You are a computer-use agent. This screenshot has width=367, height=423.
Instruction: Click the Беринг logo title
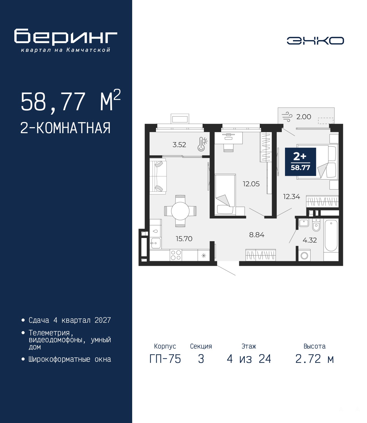coord(66,37)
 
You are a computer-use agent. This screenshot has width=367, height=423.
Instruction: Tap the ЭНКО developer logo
coord(315,41)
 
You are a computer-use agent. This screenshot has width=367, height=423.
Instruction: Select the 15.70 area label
coord(184,239)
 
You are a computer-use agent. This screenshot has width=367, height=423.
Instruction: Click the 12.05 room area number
coord(251,184)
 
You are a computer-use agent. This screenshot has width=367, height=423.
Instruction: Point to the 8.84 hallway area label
coord(257,235)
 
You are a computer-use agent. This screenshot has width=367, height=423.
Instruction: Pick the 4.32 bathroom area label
coord(310,240)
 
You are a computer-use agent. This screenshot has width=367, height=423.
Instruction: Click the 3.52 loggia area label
coord(179,145)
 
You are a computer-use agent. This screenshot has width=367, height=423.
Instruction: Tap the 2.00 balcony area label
coord(304,117)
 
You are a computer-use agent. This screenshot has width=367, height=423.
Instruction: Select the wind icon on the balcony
coord(287,117)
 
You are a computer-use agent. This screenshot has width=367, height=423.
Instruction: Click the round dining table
coord(180,211)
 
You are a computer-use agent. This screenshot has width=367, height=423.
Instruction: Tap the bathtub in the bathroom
coord(331,235)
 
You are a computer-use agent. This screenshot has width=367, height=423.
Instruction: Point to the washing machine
coord(304,255)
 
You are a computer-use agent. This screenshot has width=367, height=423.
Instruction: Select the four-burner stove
coord(176,255)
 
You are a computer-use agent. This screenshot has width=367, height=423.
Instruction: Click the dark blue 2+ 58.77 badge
coord(300,162)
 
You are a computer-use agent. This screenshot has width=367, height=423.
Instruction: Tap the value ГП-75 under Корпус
coord(165,359)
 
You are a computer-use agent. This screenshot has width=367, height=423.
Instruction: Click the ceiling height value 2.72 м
coord(315,359)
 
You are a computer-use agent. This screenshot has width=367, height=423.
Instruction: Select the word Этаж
coord(249,346)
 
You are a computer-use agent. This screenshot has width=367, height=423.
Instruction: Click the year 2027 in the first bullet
coord(103,320)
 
